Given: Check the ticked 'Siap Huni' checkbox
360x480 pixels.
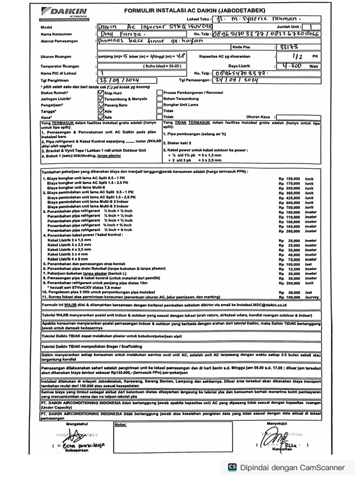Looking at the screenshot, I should click(100, 93).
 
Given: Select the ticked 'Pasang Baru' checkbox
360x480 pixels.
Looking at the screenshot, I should click(100, 105).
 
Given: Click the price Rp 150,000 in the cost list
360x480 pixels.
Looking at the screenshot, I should click(289, 179).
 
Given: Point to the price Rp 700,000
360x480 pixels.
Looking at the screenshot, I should click(289, 207).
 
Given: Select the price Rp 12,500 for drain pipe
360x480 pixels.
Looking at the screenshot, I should click(289, 269).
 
